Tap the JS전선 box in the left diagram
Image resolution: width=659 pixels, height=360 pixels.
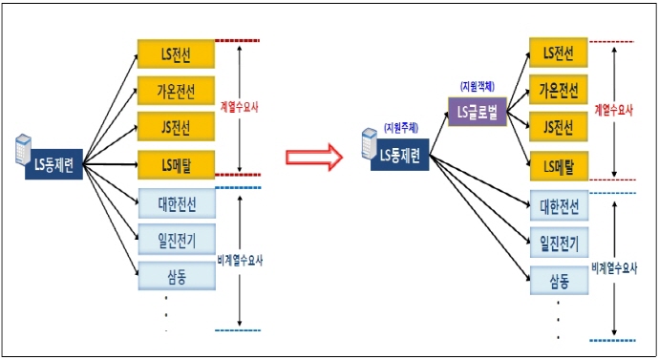pyautogui.click(x=176, y=126)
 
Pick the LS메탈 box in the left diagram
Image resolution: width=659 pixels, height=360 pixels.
pyautogui.click(x=176, y=163)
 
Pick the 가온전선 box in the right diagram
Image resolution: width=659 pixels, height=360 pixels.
pyautogui.click(x=557, y=90)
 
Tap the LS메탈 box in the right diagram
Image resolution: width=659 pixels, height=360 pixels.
pyautogui.click(x=557, y=164)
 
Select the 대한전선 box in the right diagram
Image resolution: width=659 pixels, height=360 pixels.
pyautogui.click(x=557, y=205)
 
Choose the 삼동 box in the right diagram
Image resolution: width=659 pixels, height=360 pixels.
pyautogui.click(x=557, y=280)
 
